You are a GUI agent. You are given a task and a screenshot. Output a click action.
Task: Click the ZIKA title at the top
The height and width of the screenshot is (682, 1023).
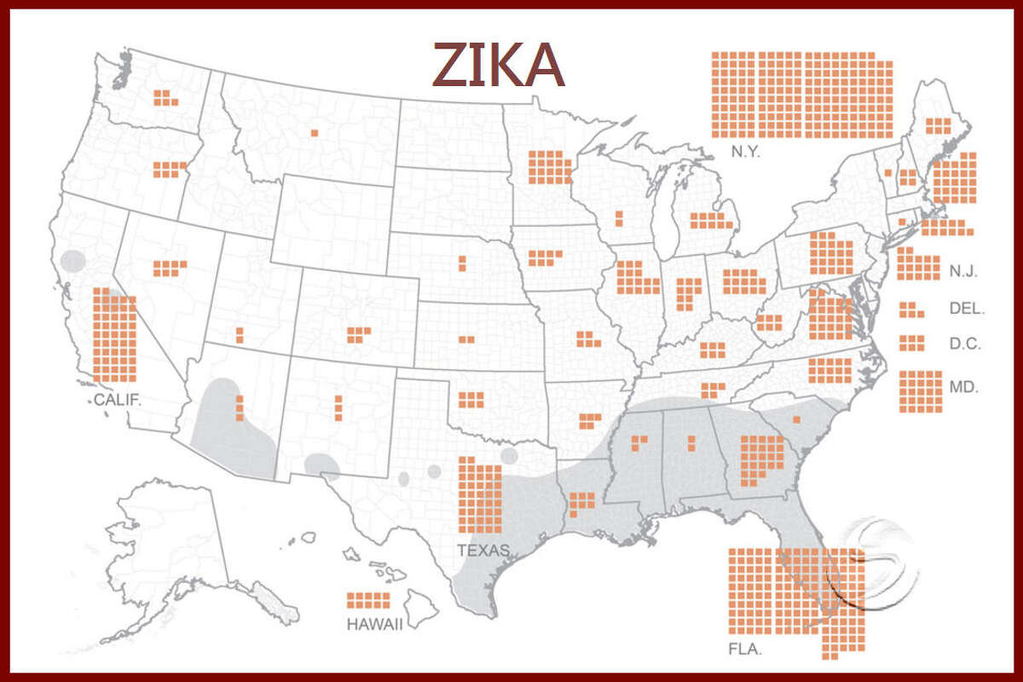click(499, 64)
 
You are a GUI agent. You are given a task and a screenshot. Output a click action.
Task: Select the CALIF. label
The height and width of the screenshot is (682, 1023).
click(117, 399)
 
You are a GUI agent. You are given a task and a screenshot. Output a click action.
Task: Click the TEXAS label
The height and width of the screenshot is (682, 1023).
click(483, 550)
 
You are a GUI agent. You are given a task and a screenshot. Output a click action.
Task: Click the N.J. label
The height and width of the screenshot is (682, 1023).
click(963, 272)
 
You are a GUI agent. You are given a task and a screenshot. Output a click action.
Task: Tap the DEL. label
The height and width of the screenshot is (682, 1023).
click(967, 309)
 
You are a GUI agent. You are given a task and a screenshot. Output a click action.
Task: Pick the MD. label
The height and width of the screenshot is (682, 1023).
click(964, 386)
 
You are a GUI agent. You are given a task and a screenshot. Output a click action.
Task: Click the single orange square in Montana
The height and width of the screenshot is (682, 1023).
click(315, 132)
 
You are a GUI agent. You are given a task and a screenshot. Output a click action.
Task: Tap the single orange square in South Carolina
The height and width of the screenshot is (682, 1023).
click(797, 419)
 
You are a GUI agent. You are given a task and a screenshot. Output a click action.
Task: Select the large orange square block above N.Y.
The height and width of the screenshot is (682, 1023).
click(801, 95)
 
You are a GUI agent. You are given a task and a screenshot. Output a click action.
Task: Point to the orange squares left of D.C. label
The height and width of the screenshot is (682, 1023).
click(911, 342)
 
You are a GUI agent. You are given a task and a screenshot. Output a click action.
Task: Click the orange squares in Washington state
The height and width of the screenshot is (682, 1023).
click(165, 97)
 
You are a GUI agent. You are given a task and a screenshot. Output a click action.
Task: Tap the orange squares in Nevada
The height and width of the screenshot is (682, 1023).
click(170, 268)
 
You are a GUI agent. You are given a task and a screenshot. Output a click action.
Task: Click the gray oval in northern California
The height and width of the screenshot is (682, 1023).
click(74, 260)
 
